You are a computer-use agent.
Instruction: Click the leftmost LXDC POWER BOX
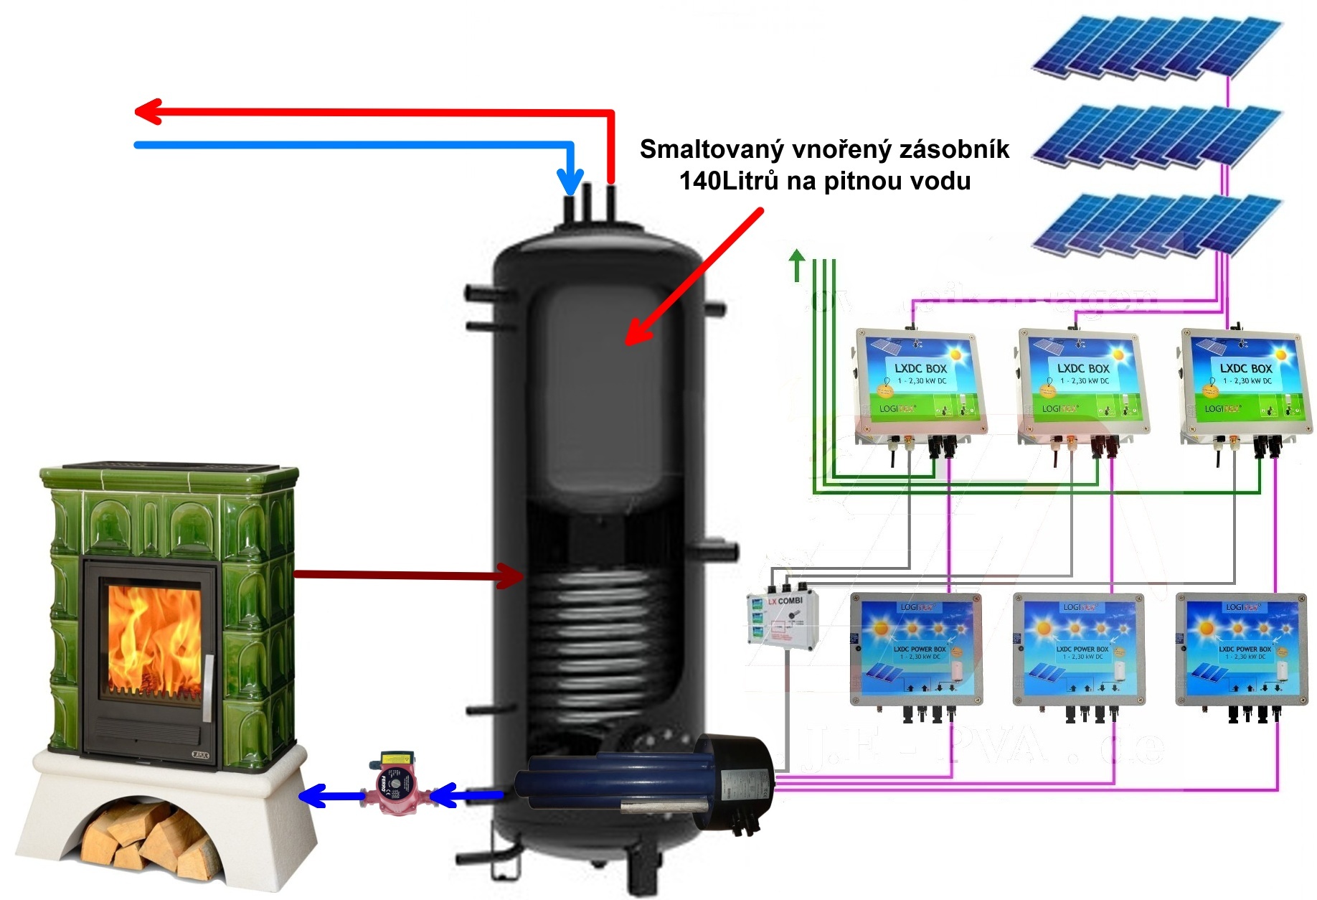(x=916, y=648)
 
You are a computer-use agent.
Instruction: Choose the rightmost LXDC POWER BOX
(x=1242, y=648)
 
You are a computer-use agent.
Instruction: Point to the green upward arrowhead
(x=796, y=256)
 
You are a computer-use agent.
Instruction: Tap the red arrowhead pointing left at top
(x=147, y=112)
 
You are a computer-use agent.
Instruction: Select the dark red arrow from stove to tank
(x=409, y=574)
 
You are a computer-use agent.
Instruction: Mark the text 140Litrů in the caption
(x=728, y=181)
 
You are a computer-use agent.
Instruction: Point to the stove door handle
(x=208, y=685)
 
